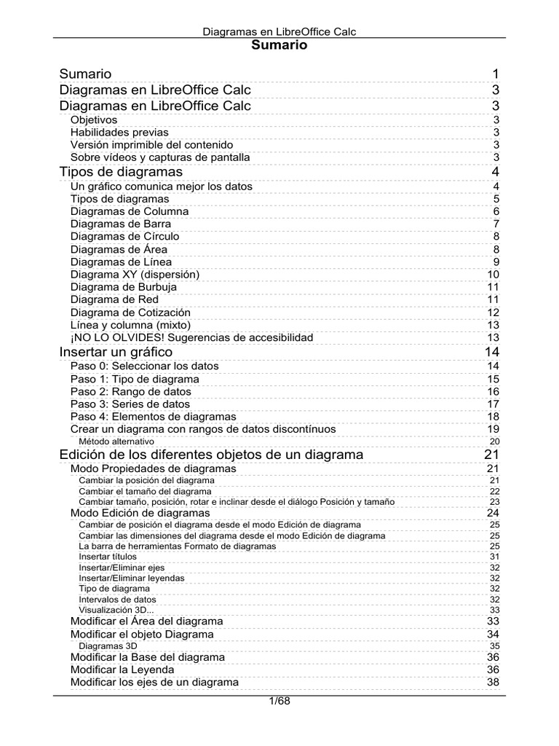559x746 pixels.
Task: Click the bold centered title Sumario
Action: pos(279,45)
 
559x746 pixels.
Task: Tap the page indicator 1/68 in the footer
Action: pos(279,702)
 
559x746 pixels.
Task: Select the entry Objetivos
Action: pos(94,120)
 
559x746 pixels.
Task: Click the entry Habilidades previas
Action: pos(119,133)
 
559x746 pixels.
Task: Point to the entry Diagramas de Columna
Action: pos(130,211)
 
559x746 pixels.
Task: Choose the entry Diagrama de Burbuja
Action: pos(124,287)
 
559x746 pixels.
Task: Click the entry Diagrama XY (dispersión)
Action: pos(135,275)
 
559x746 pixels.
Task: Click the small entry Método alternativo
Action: pos(116,441)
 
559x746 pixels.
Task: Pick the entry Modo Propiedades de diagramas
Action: pos(153,468)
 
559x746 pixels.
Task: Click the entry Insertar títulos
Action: pos(108,556)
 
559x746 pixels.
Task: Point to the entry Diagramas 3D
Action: pos(108,645)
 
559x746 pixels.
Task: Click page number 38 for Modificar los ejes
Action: pos(493,683)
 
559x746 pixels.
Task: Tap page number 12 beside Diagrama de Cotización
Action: pos(493,313)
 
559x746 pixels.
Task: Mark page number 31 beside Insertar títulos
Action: pos(494,556)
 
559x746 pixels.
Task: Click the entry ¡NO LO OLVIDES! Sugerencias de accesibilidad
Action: pos(191,337)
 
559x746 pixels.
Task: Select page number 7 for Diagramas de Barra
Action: pos(496,224)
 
